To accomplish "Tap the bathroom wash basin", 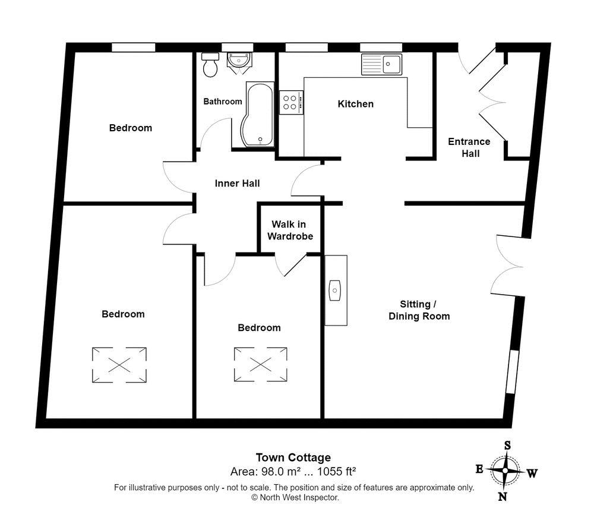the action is tap(239, 60).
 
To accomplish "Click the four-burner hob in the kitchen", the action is tap(291, 102).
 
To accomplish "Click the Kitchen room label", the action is tap(356, 104).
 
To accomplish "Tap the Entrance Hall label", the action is tap(469, 147).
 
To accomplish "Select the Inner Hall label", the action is tap(237, 184).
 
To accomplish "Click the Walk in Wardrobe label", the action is tap(290, 230).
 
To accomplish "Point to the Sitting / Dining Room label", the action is tap(419, 310).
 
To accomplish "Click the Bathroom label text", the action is tap(223, 102).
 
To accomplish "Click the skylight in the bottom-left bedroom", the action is tap(119, 365).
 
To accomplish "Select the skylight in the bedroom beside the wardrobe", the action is tap(260, 365).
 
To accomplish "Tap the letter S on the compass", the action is tap(508, 445).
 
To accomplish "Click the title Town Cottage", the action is tap(293, 457).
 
